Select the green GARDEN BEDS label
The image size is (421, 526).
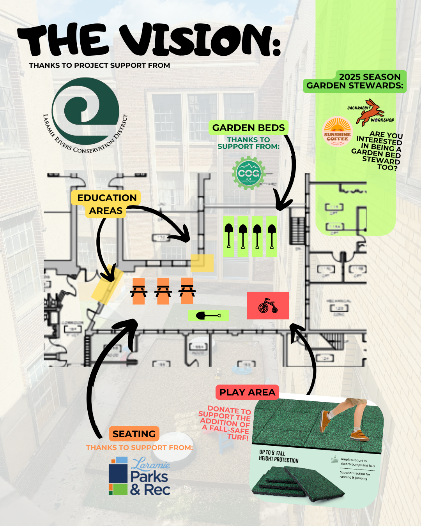point(248,128)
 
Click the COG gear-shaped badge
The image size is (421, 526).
point(249,173)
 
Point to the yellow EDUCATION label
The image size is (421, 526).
point(107,198)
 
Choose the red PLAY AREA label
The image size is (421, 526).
point(247,392)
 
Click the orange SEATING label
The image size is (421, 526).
point(134,434)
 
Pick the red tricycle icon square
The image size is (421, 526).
point(268,305)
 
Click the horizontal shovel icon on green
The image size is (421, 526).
point(208,315)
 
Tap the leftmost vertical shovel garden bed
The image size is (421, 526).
point(229,236)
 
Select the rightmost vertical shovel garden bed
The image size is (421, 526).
point(272,236)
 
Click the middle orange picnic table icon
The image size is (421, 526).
point(163,291)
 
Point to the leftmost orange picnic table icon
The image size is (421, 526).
point(139,291)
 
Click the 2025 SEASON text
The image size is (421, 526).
point(370,77)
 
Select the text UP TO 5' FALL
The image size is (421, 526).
point(272,453)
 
